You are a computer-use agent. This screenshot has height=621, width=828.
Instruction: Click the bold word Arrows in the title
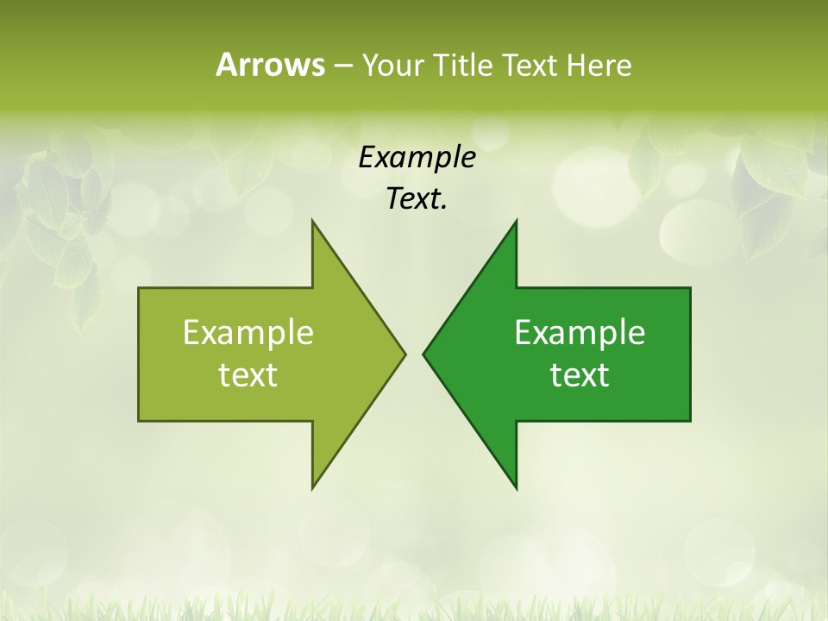pyautogui.click(x=269, y=65)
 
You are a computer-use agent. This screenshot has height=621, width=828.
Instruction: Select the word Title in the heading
pyautogui.click(x=463, y=65)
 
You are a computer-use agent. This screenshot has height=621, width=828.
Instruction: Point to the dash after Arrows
pyautogui.click(x=342, y=66)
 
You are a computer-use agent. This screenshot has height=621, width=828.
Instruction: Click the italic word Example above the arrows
pyautogui.click(x=417, y=157)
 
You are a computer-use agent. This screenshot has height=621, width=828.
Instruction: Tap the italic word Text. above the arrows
pyautogui.click(x=417, y=199)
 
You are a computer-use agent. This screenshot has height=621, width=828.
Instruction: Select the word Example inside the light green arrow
pyautogui.click(x=248, y=333)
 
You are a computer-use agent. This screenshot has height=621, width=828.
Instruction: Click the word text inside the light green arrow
pyautogui.click(x=248, y=375)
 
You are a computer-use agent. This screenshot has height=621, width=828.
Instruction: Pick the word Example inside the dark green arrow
pyautogui.click(x=580, y=333)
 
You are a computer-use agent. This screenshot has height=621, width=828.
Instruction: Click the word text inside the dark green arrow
pyautogui.click(x=580, y=375)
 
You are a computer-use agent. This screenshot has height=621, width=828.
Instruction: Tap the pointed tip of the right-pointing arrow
pyautogui.click(x=405, y=354)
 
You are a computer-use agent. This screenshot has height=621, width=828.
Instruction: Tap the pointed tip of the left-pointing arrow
pyautogui.click(x=423, y=354)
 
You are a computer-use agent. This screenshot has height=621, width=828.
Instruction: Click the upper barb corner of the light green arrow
pyautogui.click(x=312, y=221)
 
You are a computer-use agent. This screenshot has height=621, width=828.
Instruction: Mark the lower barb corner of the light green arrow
pyautogui.click(x=312, y=488)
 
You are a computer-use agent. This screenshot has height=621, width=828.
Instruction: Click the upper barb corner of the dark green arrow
pyautogui.click(x=516, y=221)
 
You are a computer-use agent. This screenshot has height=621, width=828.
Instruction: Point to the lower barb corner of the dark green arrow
pyautogui.click(x=516, y=488)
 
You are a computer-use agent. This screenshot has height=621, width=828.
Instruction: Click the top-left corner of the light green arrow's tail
pyautogui.click(x=139, y=288)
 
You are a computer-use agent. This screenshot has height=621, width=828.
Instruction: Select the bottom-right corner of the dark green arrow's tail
pyautogui.click(x=690, y=421)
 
